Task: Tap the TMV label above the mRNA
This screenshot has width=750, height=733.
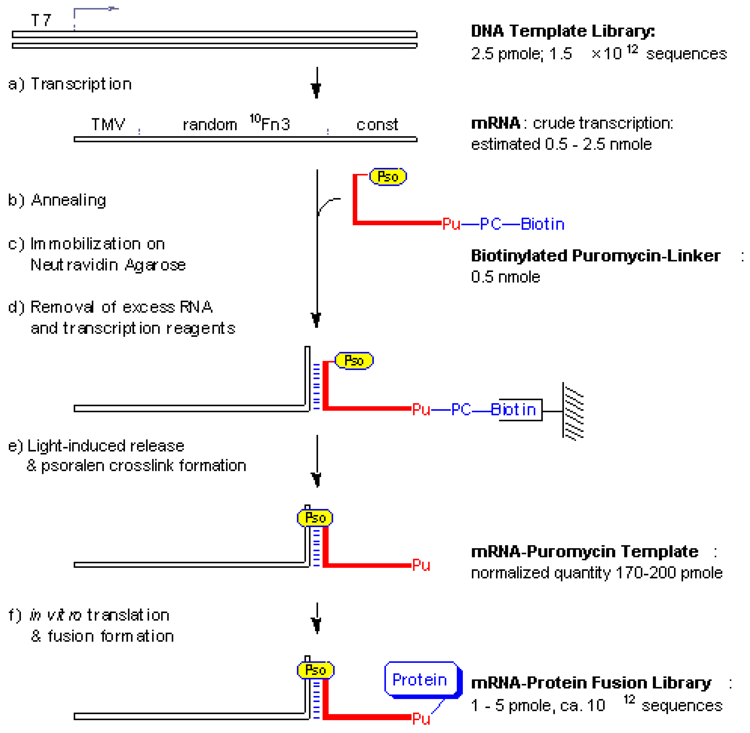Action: (x=108, y=124)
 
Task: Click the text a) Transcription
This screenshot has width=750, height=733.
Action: (x=70, y=84)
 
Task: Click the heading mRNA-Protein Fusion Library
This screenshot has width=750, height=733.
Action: (x=591, y=683)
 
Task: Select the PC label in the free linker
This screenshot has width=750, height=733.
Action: (x=490, y=224)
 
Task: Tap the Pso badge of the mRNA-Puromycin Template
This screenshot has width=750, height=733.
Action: (x=315, y=518)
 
